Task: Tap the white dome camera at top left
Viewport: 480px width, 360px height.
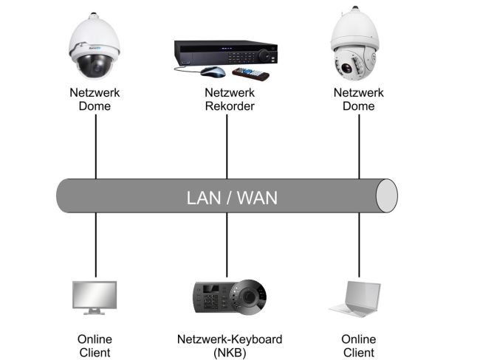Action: coord(94,49)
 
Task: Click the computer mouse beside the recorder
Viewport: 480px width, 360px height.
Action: coord(212,72)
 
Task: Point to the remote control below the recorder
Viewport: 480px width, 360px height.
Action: coord(250,74)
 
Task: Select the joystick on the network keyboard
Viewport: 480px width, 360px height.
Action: coord(252,296)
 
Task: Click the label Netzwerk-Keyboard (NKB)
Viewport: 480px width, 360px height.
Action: coord(229,345)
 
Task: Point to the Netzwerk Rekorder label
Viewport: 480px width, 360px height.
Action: coord(230,100)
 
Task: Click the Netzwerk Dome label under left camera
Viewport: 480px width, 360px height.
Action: coord(94,100)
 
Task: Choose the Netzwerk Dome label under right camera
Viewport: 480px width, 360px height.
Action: coord(359,100)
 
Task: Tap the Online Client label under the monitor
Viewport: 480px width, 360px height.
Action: coord(95,345)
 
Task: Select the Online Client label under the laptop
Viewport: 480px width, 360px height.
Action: coord(359,345)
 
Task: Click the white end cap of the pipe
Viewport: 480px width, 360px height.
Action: coord(386,195)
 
